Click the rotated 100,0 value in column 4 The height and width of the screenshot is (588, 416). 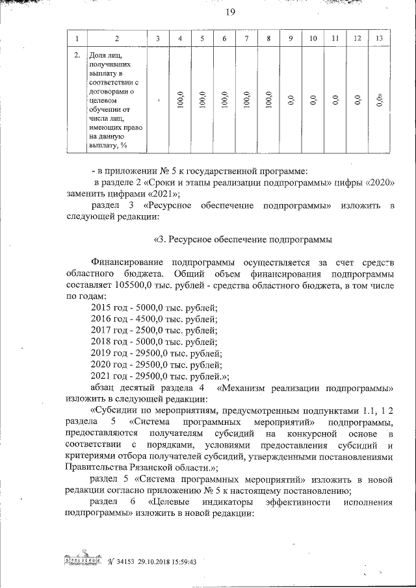[x=179, y=101]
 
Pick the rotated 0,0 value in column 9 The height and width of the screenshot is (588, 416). [x=291, y=101]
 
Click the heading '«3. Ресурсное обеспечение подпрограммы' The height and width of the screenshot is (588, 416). [x=243, y=238]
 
